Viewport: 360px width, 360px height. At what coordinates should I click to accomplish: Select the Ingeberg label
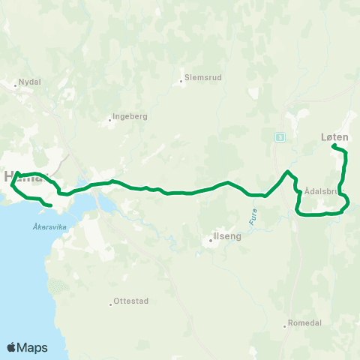pyautogui.click(x=130, y=116)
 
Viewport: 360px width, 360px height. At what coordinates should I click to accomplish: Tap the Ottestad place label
pyautogui.click(x=131, y=301)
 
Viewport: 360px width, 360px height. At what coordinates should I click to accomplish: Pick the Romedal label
pyautogui.click(x=305, y=325)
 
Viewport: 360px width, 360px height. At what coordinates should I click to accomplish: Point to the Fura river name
pyautogui.click(x=253, y=217)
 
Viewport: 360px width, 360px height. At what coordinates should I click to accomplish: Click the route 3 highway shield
pyautogui.click(x=279, y=136)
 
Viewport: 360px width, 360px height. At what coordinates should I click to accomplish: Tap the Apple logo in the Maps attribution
pyautogui.click(x=11, y=347)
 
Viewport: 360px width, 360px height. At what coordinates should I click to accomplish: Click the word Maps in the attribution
pyautogui.click(x=33, y=347)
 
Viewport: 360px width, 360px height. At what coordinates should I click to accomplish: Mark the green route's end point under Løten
pyautogui.click(x=333, y=146)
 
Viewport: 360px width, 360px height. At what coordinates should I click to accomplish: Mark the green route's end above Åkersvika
pyautogui.click(x=49, y=204)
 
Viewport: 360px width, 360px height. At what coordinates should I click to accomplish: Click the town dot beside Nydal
pyautogui.click(x=16, y=85)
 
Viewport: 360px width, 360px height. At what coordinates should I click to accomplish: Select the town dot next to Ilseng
pyautogui.click(x=212, y=241)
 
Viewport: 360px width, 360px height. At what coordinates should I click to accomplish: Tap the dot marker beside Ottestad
pyautogui.click(x=110, y=304)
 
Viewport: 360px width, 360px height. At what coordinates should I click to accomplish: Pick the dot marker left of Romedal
pyautogui.click(x=286, y=325)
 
